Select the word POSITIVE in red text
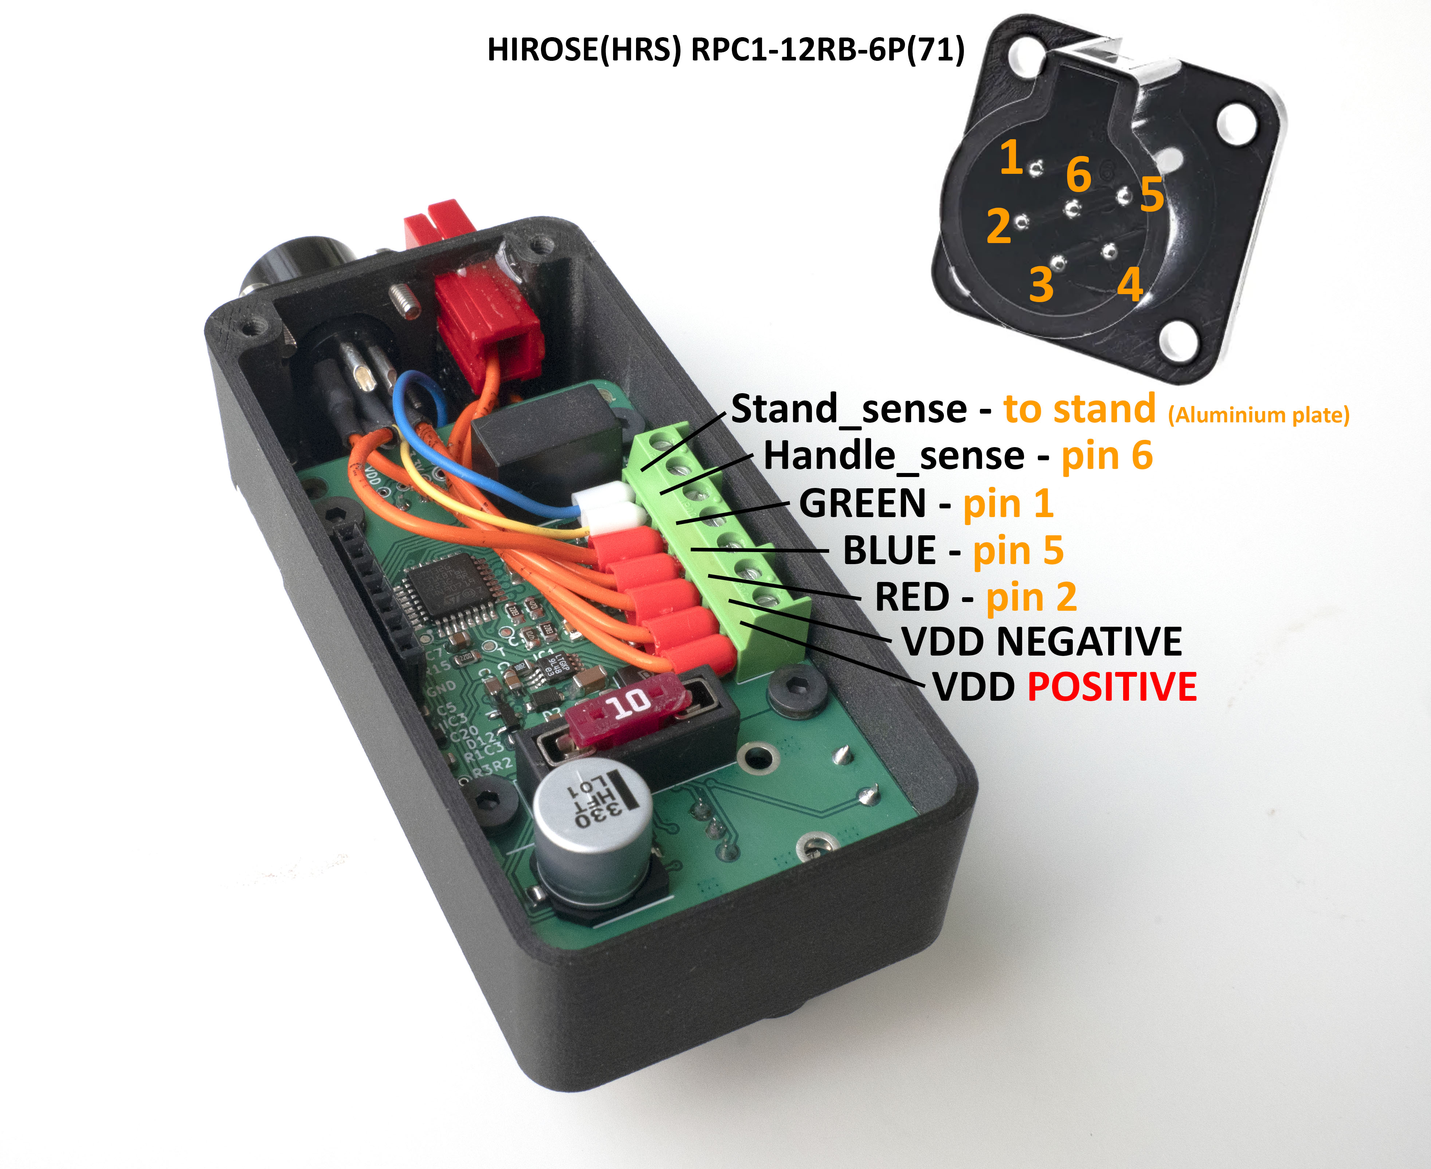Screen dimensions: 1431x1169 (1112, 687)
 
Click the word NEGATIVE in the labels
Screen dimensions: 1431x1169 (1089, 641)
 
